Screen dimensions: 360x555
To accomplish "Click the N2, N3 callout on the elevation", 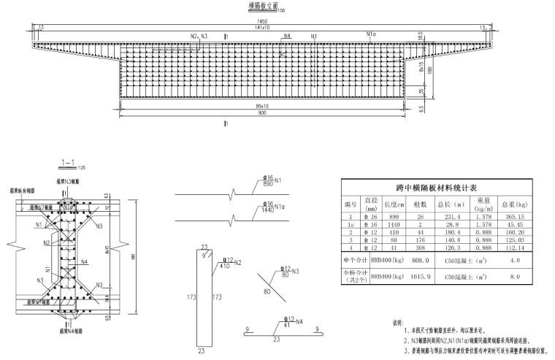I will point(199,35).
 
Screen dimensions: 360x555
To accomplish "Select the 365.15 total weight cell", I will point(510,217).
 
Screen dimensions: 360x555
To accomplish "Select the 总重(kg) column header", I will point(510,204).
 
